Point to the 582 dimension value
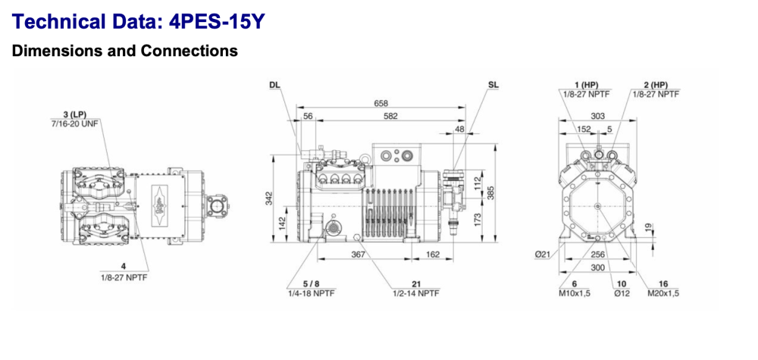[x=390, y=116]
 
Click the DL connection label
[x=274, y=86]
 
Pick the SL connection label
[x=493, y=86]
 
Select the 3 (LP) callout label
[x=75, y=114]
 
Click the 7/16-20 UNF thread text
[x=75, y=122]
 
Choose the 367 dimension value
[x=358, y=255]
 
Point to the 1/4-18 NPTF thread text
[x=311, y=293]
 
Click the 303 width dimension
[x=599, y=116]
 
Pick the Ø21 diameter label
[x=543, y=254]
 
